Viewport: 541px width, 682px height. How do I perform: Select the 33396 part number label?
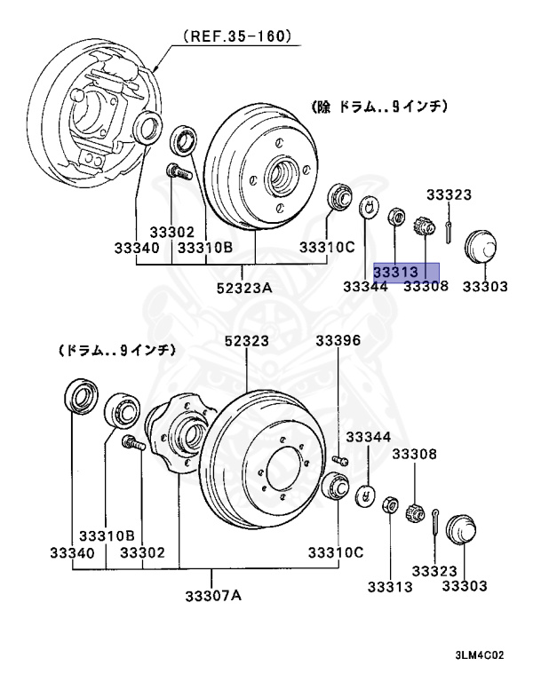coord(338,341)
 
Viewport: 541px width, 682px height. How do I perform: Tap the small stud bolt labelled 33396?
coord(338,459)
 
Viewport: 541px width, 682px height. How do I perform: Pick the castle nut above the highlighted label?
coord(425,227)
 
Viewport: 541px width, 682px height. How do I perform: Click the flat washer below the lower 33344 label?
coord(365,496)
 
